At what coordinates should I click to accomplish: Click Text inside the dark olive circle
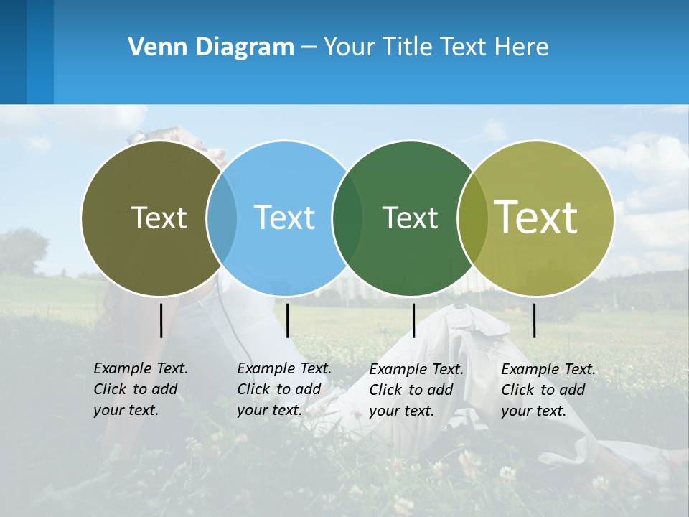[159, 218]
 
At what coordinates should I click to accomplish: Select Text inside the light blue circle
[284, 218]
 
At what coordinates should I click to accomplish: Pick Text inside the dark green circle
[410, 218]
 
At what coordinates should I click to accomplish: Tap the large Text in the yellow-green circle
[535, 217]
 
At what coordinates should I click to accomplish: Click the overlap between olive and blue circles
[222, 218]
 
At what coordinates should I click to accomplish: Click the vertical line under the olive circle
[161, 320]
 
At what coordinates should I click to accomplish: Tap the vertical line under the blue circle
[287, 320]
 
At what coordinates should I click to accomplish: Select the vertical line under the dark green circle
[413, 320]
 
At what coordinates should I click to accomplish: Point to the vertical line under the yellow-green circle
[534, 320]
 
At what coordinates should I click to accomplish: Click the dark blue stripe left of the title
[13, 52]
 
